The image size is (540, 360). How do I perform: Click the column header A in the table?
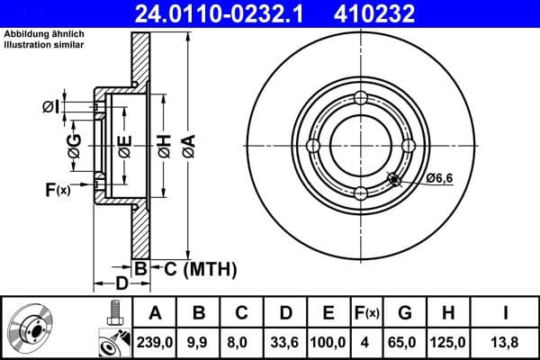pos(156,312)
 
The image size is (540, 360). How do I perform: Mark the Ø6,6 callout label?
pos(438,179)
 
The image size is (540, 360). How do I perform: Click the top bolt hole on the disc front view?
pos(361,98)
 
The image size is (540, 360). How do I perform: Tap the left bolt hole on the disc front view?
pos(313,146)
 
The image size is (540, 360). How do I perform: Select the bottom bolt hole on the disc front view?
pos(361,193)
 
